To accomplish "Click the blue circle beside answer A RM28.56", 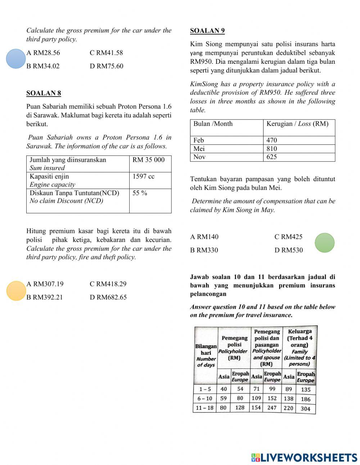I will coord(16,59).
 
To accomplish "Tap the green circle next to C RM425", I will coord(324,243).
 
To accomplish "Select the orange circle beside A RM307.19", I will coord(16,291).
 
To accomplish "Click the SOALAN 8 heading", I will coord(44,93).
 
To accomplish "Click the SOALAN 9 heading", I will coord(207,31).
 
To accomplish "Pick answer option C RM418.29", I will coord(108,284).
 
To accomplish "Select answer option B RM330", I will coord(204,250).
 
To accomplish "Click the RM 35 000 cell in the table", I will coord(148,160).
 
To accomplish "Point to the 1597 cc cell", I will coord(143,176).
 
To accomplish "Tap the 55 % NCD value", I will coord(140,193).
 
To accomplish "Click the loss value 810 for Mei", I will coord(272,148).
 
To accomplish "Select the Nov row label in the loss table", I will coord(199,157).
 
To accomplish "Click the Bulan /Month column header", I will coord(213,124).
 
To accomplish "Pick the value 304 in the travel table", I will coord(305,408).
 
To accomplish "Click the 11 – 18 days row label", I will coord(204,408).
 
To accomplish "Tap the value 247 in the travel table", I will coord(272,408).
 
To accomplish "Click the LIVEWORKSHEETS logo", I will coord(304,457).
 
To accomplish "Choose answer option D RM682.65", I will coord(108,297).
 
